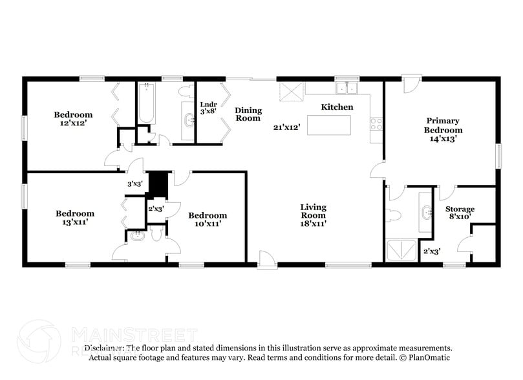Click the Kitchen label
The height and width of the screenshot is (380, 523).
(x=337, y=107)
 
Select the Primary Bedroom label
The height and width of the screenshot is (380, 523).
(x=443, y=129)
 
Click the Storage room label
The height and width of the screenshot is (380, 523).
(x=460, y=213)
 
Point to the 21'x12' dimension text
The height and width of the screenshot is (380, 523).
(x=286, y=127)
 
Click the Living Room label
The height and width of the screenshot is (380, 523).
(x=313, y=215)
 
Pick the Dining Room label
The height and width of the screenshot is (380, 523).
(x=248, y=114)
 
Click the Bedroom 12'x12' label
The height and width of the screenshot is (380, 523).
(x=73, y=119)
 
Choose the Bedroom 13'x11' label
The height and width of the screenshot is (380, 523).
(x=74, y=217)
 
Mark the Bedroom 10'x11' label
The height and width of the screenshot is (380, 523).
(x=208, y=219)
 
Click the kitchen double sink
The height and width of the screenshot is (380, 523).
(x=347, y=89)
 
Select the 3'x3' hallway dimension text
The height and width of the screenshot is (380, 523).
(x=134, y=184)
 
